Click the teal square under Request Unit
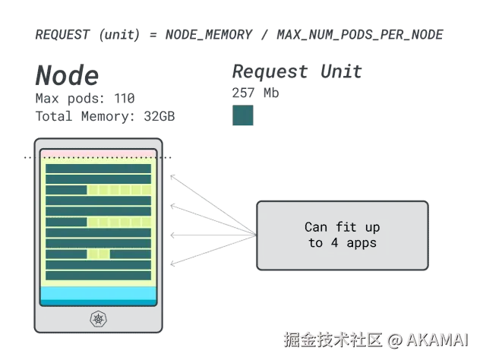pos(243,115)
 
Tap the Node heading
pos(66,75)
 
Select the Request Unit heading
pos(297,71)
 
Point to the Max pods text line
pos(83,98)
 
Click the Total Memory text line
pos(106,115)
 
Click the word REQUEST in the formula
pos(61,34)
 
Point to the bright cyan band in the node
pos(98,293)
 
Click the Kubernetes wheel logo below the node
pos(98,317)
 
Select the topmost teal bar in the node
pos(98,168)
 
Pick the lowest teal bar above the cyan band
pos(98,274)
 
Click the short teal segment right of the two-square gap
pos(130,253)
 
